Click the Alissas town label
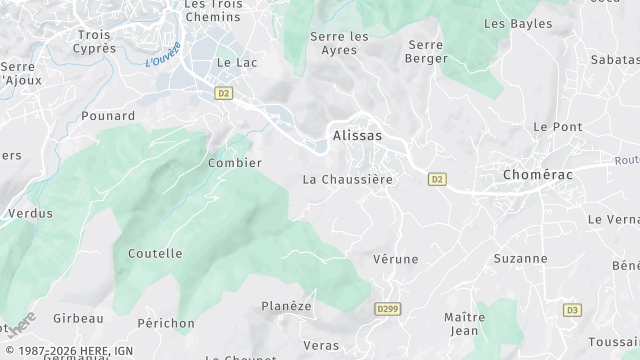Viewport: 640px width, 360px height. pyautogui.click(x=356, y=135)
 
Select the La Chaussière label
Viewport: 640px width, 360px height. pyautogui.click(x=347, y=180)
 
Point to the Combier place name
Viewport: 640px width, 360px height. pyautogui.click(x=234, y=163)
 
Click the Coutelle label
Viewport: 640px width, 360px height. pyautogui.click(x=155, y=254)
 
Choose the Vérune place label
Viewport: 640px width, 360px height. pyautogui.click(x=395, y=259)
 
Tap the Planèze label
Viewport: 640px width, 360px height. pyautogui.click(x=286, y=306)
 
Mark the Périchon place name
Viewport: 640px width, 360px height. pyautogui.click(x=166, y=323)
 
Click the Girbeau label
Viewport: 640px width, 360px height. pyautogui.click(x=78, y=318)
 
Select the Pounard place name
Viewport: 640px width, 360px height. pyautogui.click(x=107, y=116)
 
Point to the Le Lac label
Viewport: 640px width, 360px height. pyautogui.click(x=237, y=62)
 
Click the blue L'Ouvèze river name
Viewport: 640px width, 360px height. pyautogui.click(x=162, y=53)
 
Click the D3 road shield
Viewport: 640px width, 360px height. pyautogui.click(x=571, y=310)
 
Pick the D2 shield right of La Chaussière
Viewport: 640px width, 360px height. pyautogui.click(x=436, y=180)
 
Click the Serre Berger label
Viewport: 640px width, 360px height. pyautogui.click(x=427, y=51)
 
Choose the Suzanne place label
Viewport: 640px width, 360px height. pyautogui.click(x=520, y=258)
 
